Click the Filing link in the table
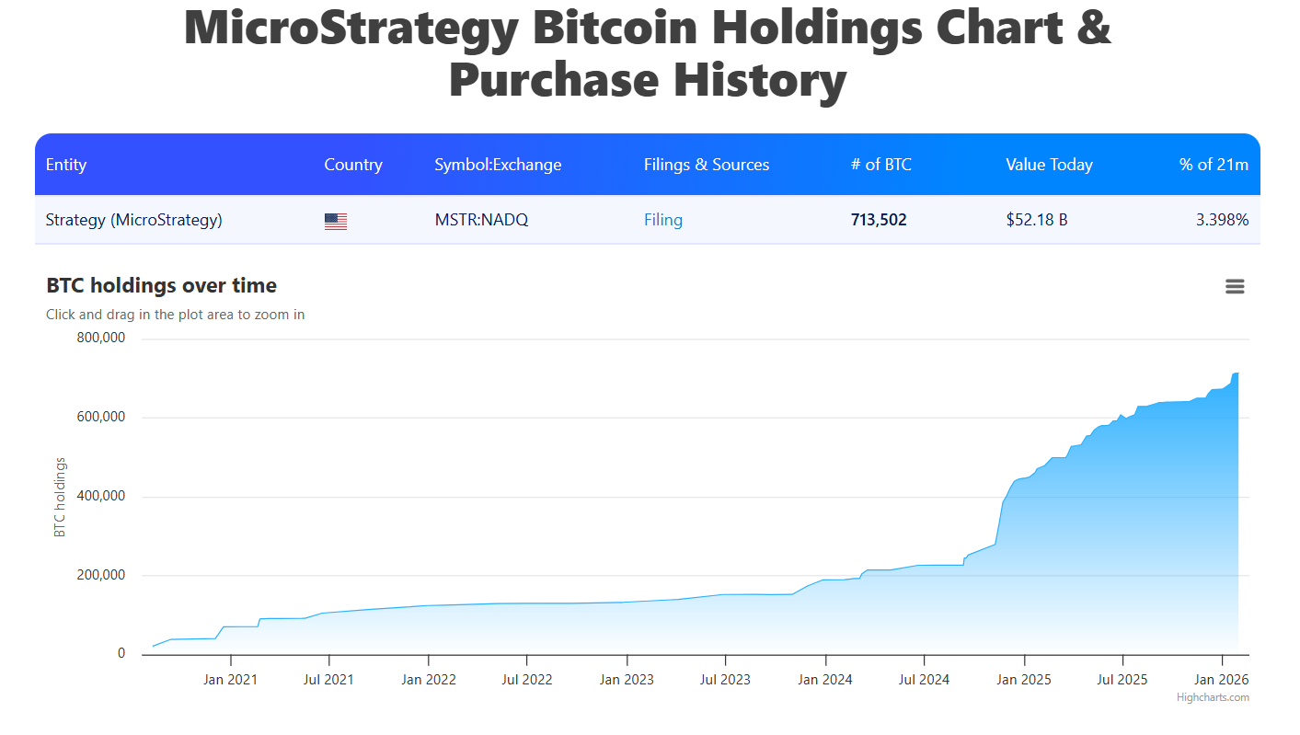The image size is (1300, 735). point(662,220)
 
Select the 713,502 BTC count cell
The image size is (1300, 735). point(879,220)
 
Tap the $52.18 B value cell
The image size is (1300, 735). point(1036,220)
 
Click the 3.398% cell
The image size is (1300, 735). point(1222,220)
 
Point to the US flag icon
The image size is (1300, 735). point(336,221)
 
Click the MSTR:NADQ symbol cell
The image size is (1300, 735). point(481,220)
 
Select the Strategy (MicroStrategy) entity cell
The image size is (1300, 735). point(133,220)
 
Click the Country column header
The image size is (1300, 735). point(353,165)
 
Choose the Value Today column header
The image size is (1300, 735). point(1049,165)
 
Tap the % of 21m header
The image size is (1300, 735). point(1214,165)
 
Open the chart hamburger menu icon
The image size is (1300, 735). point(1235,287)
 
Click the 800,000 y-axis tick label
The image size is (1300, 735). point(100,338)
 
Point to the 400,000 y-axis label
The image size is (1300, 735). point(100,496)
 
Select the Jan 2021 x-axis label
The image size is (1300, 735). point(230,680)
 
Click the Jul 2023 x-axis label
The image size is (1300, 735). point(725,680)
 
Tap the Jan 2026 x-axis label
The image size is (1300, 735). point(1221,680)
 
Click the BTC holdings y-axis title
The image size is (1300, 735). point(60,497)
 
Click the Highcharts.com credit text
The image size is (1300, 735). point(1213,697)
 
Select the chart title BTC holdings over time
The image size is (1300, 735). point(161,285)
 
